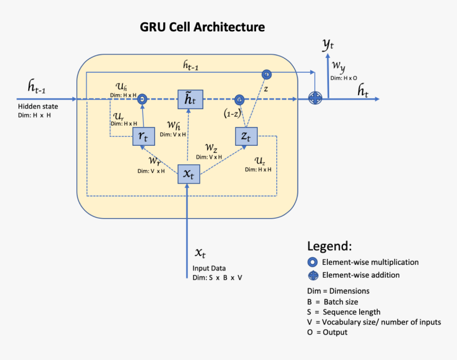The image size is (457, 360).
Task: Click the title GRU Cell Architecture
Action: tap(202, 27)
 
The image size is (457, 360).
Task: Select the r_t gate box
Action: tap(143, 137)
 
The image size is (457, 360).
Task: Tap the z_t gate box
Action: tap(246, 137)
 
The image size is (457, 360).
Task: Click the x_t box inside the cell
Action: tap(188, 173)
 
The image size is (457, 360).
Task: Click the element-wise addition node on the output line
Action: tap(316, 99)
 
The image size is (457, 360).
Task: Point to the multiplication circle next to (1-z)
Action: tap(240, 99)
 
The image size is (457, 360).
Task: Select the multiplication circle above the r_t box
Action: tap(142, 99)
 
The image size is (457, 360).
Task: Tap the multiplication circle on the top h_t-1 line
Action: tap(266, 73)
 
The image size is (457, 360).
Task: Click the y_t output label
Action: tap(328, 45)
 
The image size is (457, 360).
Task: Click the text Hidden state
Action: tap(35, 107)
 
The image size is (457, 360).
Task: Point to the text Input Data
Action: tap(210, 269)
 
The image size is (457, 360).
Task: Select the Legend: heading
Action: tap(329, 246)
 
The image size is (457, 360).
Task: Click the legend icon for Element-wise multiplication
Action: tap(314, 262)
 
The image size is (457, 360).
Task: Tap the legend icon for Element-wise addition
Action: tap(314, 275)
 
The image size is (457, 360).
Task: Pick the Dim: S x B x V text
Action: tap(217, 278)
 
